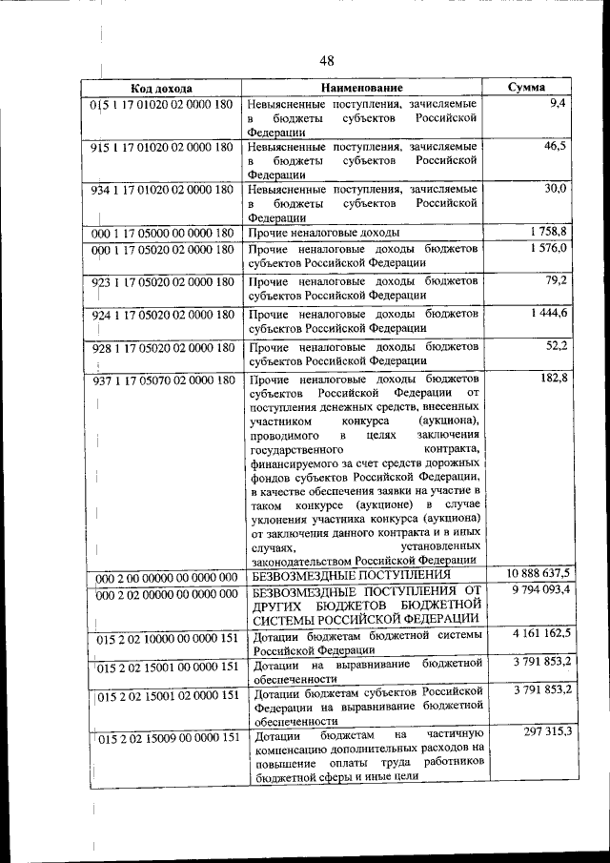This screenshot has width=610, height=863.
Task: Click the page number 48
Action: point(327,61)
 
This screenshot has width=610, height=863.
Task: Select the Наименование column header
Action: point(361,88)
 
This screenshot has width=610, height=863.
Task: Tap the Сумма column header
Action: point(526,88)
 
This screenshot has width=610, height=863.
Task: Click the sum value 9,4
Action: point(559,103)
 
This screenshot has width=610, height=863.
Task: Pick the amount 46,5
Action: point(556,146)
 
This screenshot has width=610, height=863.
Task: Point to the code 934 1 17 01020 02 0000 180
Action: point(162,190)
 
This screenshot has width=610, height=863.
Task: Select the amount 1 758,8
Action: point(550,232)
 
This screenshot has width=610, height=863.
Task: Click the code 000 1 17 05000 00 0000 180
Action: point(162,233)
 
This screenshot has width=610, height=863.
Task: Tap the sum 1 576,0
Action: point(550,248)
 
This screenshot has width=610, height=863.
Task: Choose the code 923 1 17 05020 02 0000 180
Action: point(162,283)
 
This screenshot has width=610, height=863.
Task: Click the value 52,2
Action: point(557,344)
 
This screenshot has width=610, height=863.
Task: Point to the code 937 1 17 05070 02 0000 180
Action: point(162,381)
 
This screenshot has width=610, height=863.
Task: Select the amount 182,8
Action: point(554,380)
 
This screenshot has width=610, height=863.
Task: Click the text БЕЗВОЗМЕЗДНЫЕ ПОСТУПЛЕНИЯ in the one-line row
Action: point(350,576)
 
